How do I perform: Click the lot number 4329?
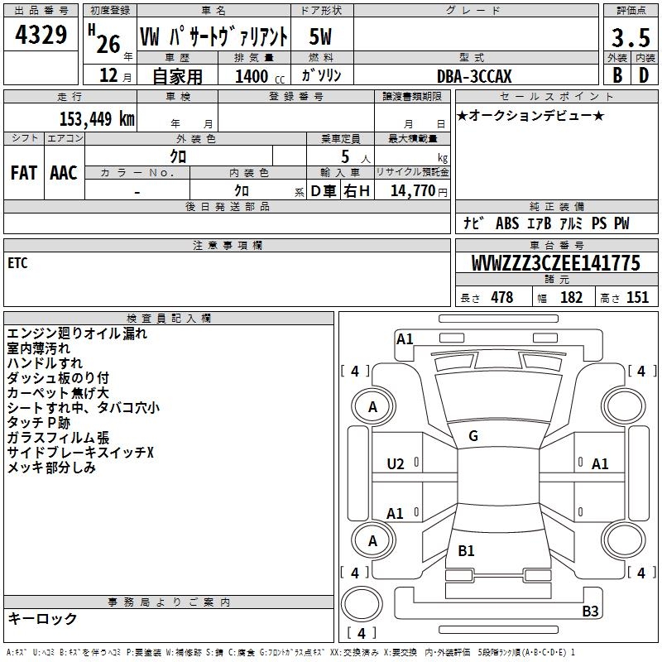coord(41,35)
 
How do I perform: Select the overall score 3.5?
coord(629,38)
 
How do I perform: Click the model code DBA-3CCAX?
coord(474,76)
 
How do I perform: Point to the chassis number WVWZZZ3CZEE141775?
coord(555,263)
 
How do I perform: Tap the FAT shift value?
coord(23,172)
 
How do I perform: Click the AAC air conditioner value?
coord(63,172)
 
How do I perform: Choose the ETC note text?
coord(17,263)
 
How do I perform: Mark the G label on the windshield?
coord(473,436)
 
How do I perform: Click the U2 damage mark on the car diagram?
coord(396,463)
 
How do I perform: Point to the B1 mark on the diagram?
coord(466,551)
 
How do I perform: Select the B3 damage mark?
coord(590,612)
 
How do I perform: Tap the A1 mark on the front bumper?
coord(405,338)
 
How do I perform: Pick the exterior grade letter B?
coord(616,74)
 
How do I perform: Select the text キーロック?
coord(42,619)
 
